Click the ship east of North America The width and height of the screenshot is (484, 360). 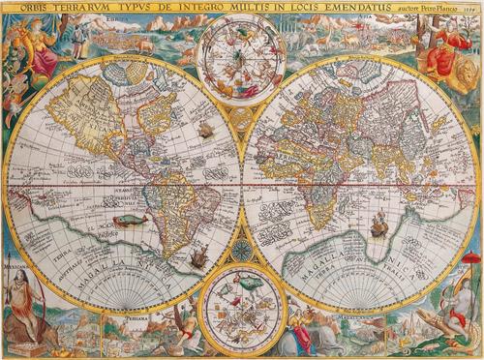(206, 127)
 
